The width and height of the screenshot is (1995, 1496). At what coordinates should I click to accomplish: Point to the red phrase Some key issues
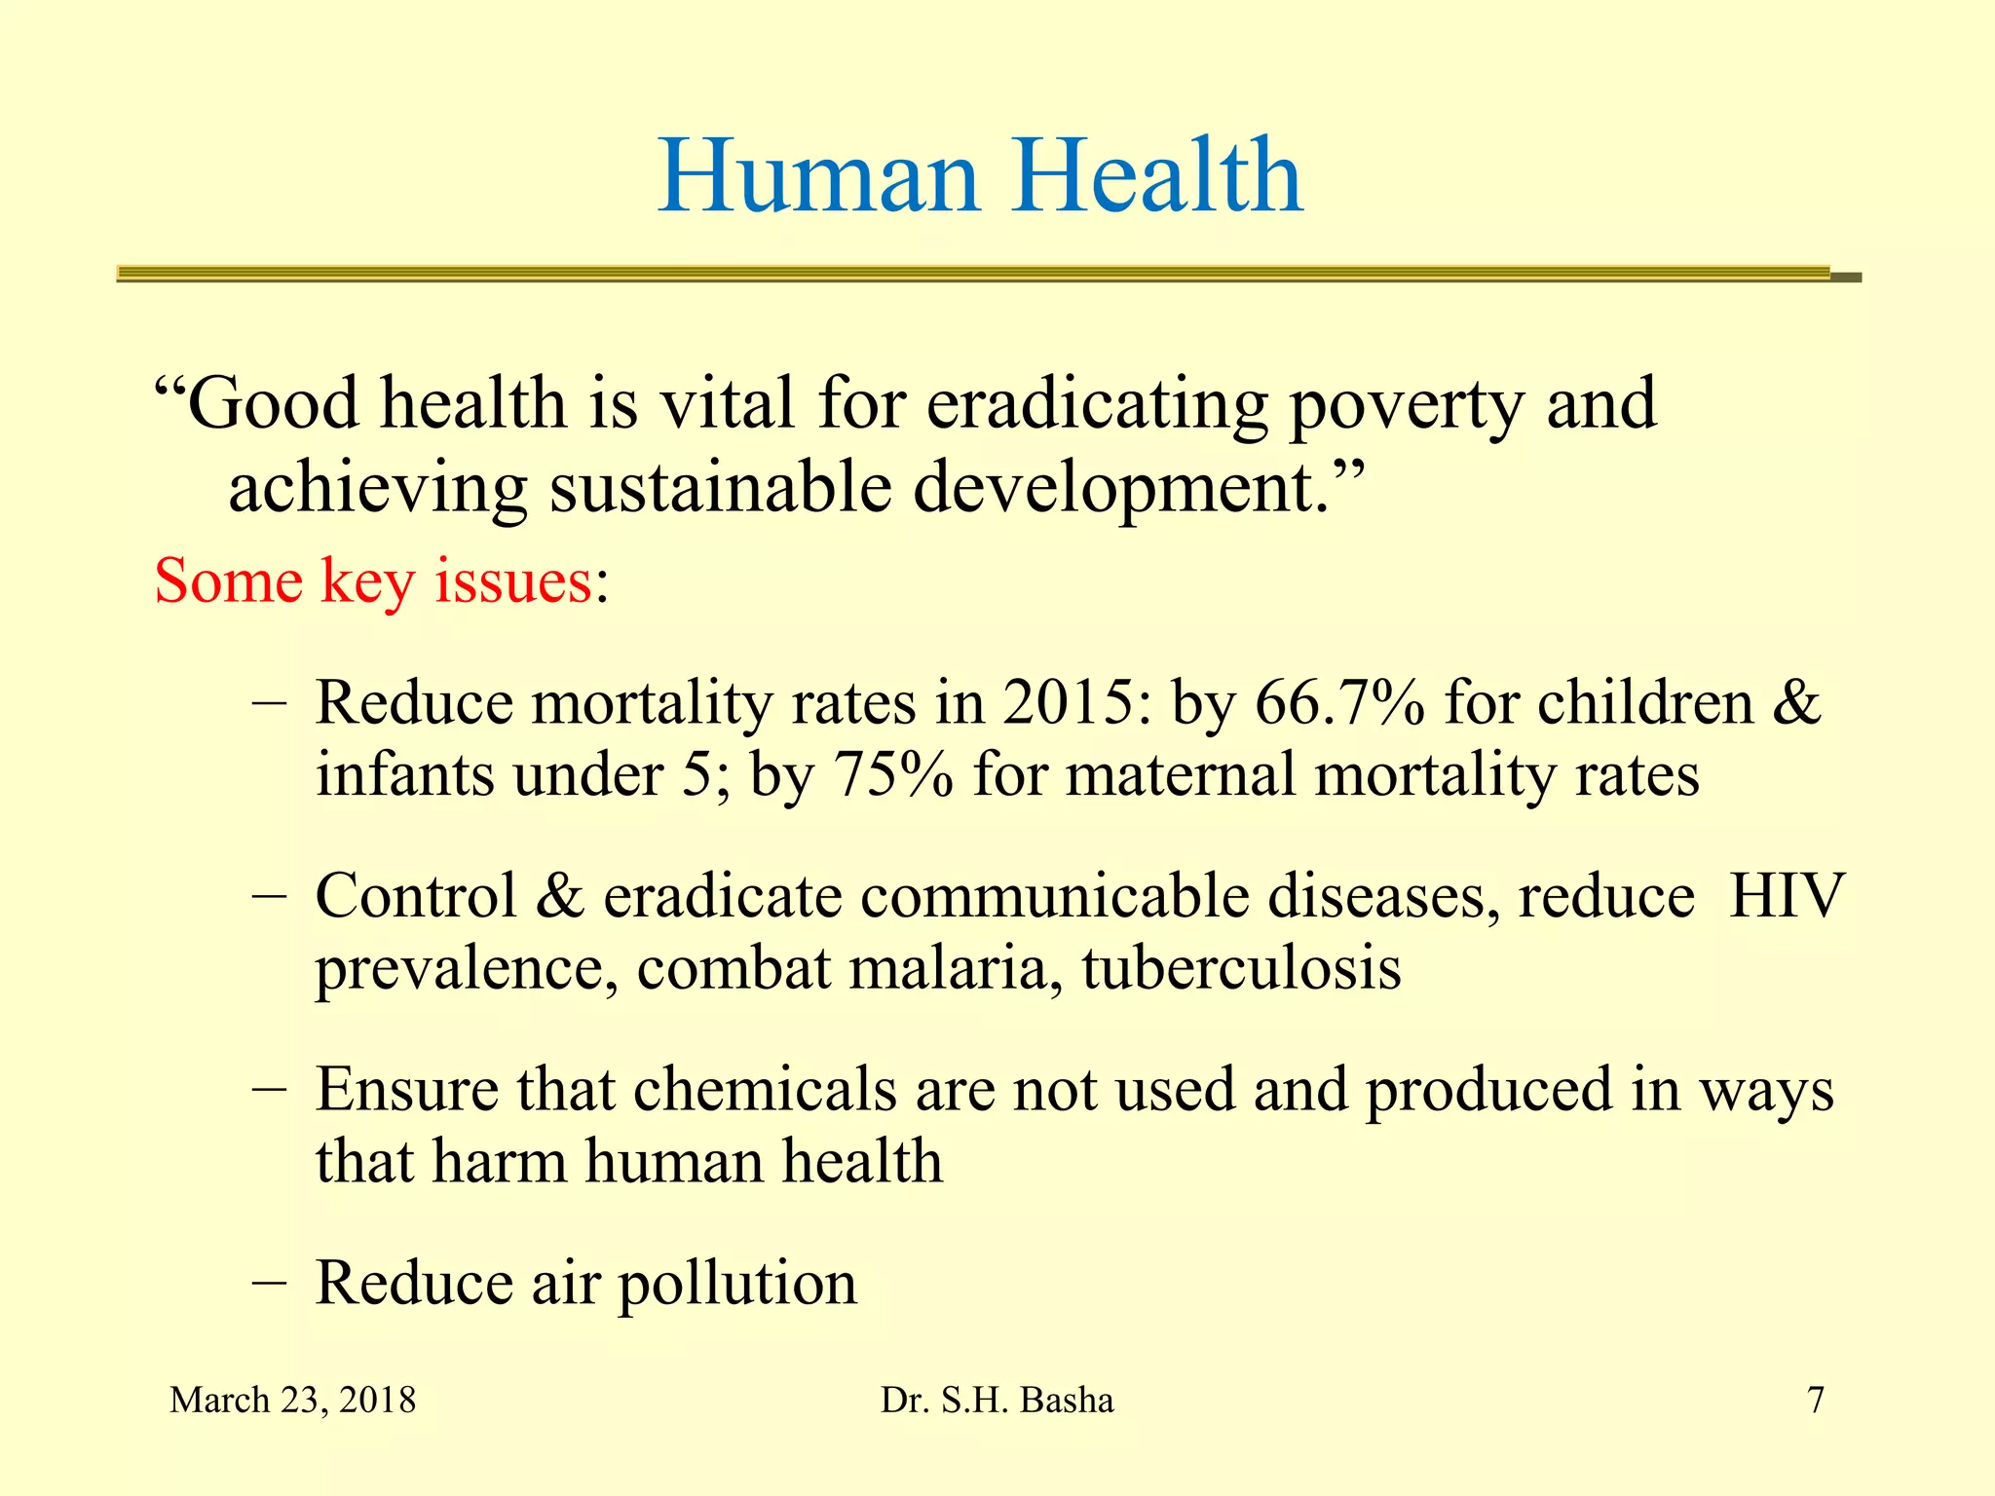(x=373, y=581)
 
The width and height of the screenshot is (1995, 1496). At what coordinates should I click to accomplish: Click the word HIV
(x=1787, y=895)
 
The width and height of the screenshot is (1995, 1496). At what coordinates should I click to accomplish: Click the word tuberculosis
(x=1241, y=969)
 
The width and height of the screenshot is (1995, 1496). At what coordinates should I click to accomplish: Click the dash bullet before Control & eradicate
(x=268, y=895)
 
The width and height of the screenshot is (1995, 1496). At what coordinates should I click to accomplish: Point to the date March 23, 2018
(x=292, y=1401)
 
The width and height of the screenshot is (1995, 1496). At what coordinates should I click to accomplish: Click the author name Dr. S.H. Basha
(x=997, y=1401)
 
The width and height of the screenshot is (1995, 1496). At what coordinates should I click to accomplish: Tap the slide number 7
(x=1816, y=1401)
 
